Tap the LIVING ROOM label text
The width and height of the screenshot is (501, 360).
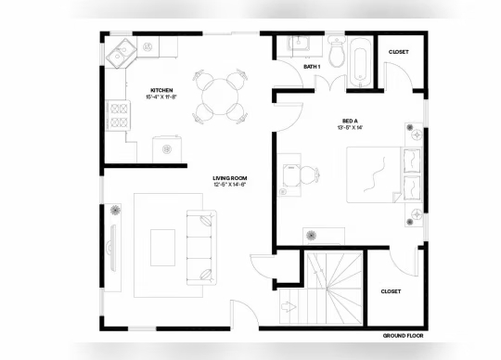[229, 176]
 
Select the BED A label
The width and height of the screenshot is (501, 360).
[350, 121]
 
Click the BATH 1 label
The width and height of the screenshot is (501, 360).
[312, 67]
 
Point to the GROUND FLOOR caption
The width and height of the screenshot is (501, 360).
[403, 335]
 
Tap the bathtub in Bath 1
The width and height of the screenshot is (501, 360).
[363, 60]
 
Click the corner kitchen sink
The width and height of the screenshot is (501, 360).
[119, 55]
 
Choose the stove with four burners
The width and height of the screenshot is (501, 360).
[120, 115]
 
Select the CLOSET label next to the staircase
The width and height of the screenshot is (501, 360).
[392, 291]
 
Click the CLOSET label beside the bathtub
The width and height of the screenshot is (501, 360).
[399, 52]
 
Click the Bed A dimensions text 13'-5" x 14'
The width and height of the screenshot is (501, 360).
[350, 129]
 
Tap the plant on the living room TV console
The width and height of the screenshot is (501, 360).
[115, 209]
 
